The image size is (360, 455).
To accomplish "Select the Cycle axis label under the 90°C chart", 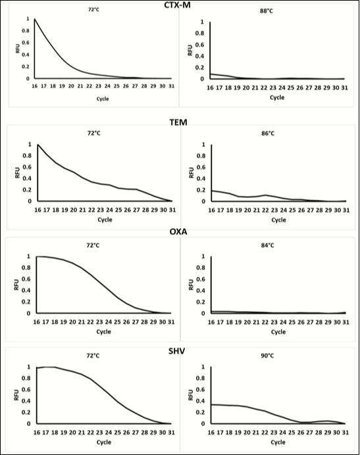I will click(x=276, y=443).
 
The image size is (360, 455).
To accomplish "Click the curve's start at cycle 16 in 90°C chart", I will click(x=212, y=404).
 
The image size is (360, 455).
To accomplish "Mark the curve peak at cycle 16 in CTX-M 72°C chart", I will click(x=34, y=19).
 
